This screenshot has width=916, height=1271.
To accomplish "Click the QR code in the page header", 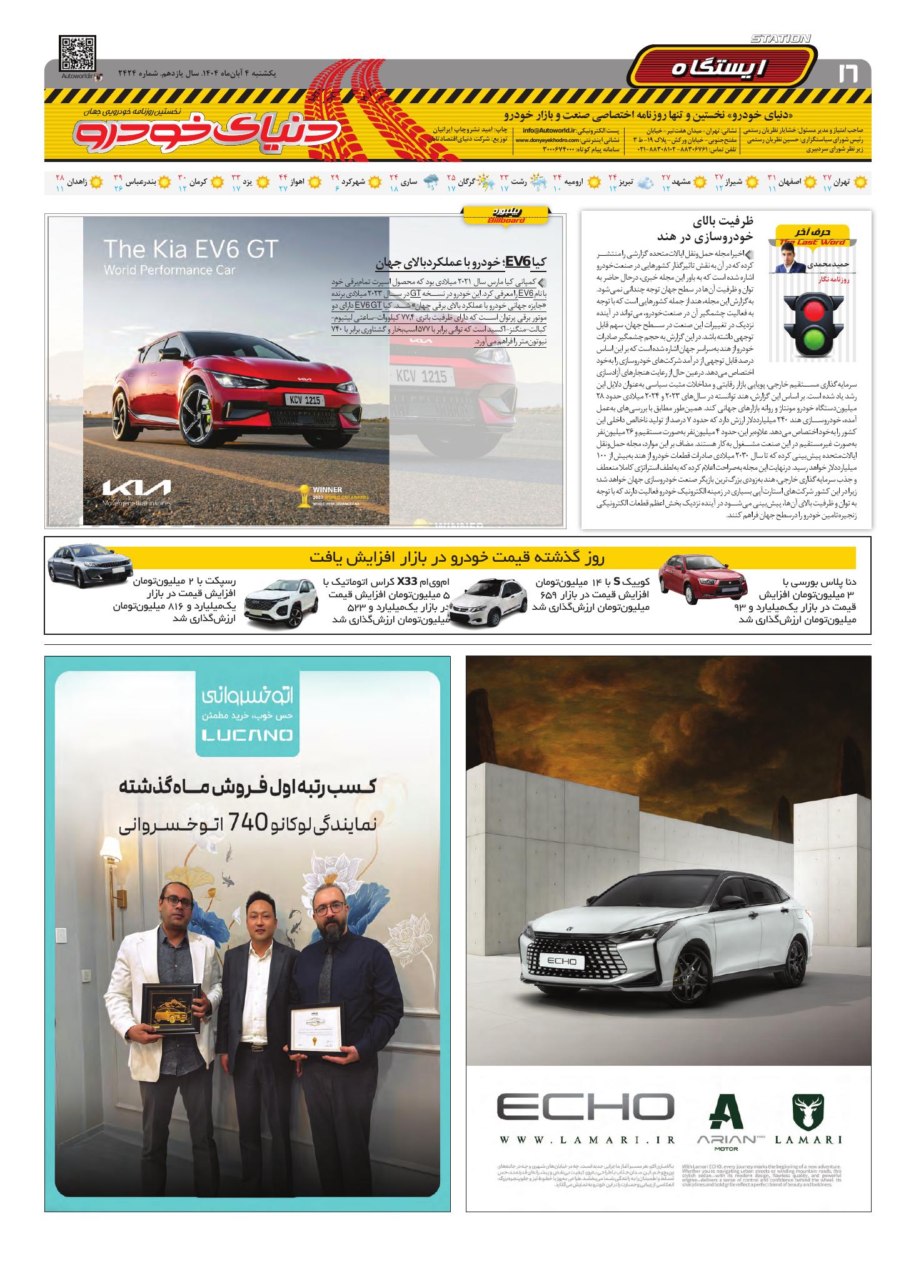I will [78, 54].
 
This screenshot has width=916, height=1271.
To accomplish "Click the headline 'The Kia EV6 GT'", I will [191, 249].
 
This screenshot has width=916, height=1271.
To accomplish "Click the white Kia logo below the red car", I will [136, 488].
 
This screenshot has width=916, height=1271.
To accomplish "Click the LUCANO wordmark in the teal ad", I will [247, 736].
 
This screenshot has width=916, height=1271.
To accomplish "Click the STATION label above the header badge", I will [780, 39].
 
